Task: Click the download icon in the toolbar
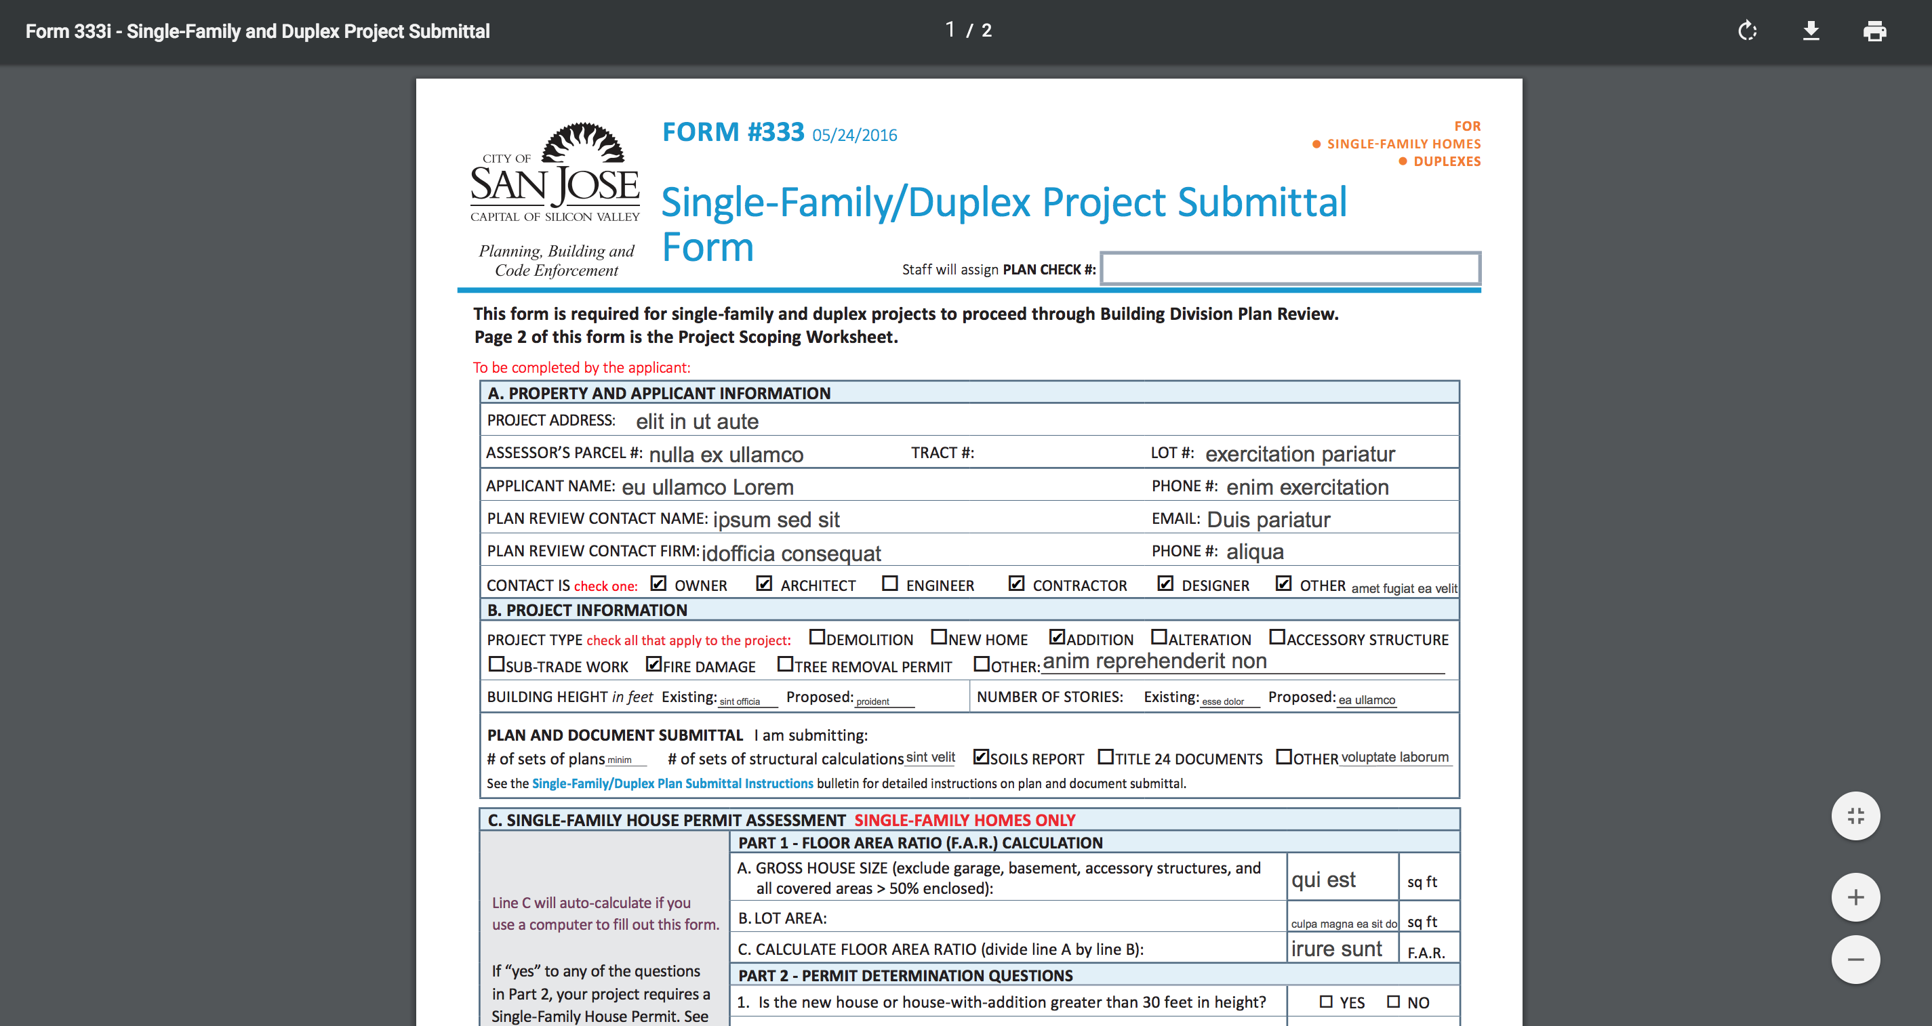pyautogui.click(x=1811, y=30)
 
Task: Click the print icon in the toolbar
pyautogui.click(x=1874, y=30)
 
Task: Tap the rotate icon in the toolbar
pyautogui.click(x=1748, y=30)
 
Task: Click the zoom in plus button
pyautogui.click(x=1855, y=897)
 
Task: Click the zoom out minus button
pyautogui.click(x=1855, y=960)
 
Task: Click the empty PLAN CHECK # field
pyautogui.click(x=1290, y=268)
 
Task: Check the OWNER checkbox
pyautogui.click(x=658, y=583)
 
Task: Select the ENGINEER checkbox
pyautogui.click(x=889, y=583)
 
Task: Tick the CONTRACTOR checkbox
pyautogui.click(x=1016, y=583)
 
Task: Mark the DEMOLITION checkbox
pyautogui.click(x=817, y=638)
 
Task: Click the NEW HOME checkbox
pyautogui.click(x=938, y=638)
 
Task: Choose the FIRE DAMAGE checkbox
pyautogui.click(x=654, y=665)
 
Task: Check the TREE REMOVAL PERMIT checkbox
pyautogui.click(x=784, y=665)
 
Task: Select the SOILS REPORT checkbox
pyautogui.click(x=980, y=757)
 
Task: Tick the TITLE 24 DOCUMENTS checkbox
pyautogui.click(x=1106, y=757)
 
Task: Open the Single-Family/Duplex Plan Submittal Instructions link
pyautogui.click(x=672, y=783)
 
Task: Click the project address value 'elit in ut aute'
pyautogui.click(x=697, y=422)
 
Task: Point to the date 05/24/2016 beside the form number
pyautogui.click(x=854, y=135)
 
